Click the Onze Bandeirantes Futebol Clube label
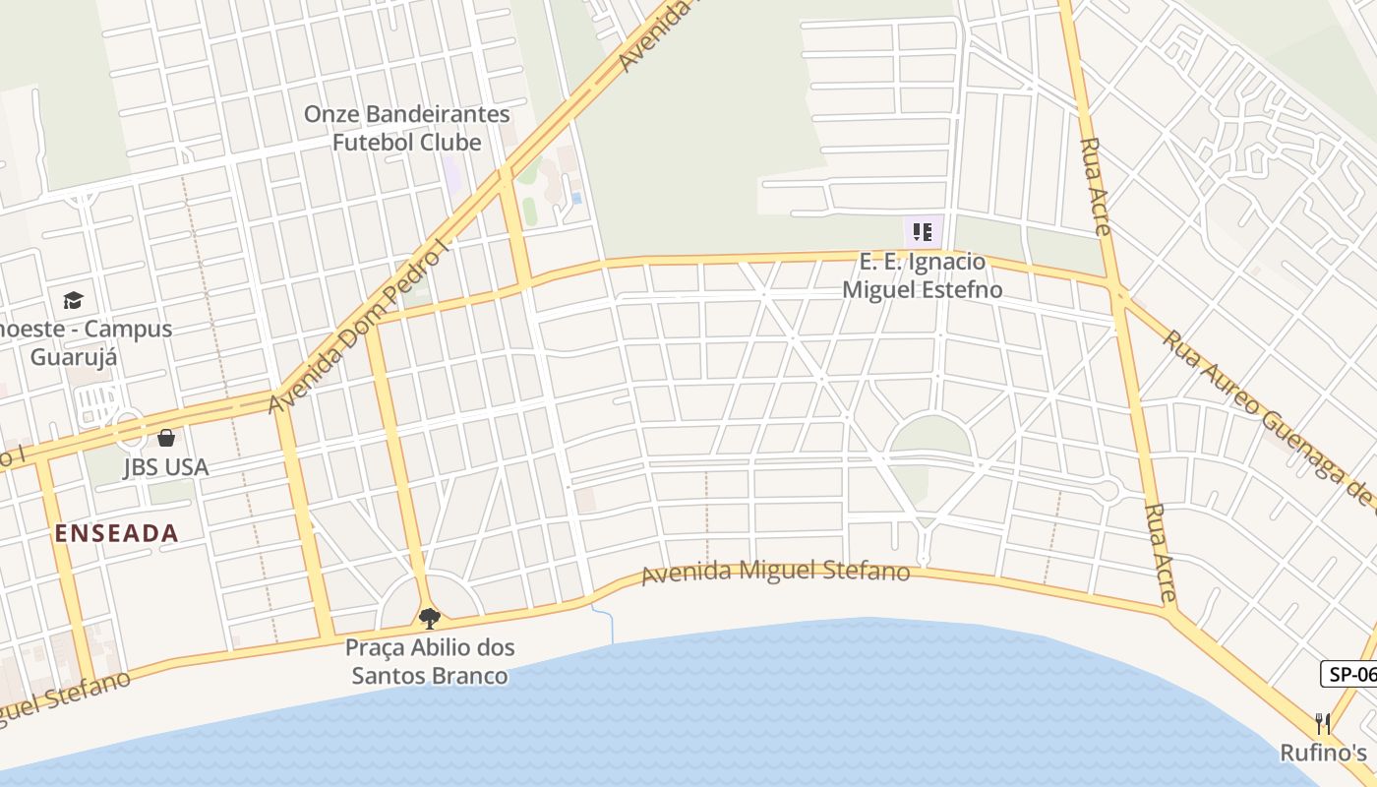[406, 128]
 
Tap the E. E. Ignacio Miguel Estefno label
[923, 275]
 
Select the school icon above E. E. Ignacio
[923, 232]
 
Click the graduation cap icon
[73, 300]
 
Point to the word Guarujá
[74, 356]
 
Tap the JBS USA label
[165, 467]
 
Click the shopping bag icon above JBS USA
[165, 437]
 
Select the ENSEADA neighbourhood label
[116, 533]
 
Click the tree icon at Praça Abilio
[429, 618]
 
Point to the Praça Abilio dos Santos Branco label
[430, 662]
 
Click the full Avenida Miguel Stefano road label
[775, 571]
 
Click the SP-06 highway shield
[1349, 674]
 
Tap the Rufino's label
[1323, 753]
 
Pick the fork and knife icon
[1323, 724]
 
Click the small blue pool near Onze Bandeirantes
[575, 198]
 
